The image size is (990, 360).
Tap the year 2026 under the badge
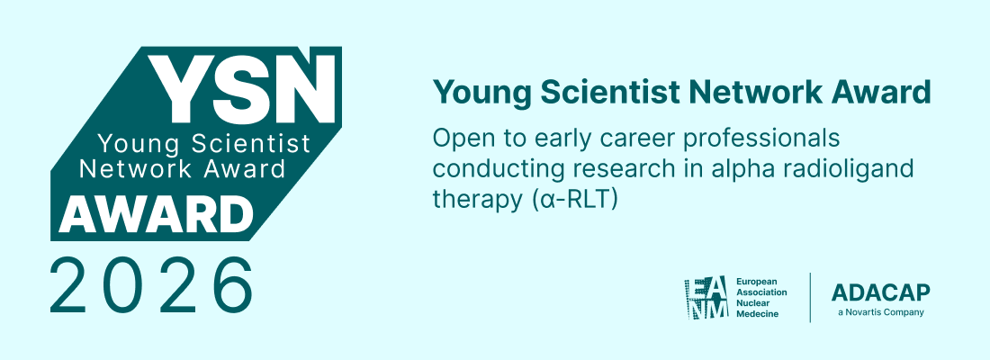tap(151, 285)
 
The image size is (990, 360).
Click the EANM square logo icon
tap(706, 298)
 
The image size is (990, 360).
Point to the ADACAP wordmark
tap(880, 292)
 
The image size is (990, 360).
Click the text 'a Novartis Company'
tap(880, 312)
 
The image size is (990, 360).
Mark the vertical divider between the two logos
tap(810, 298)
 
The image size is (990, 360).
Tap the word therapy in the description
tap(466, 200)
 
